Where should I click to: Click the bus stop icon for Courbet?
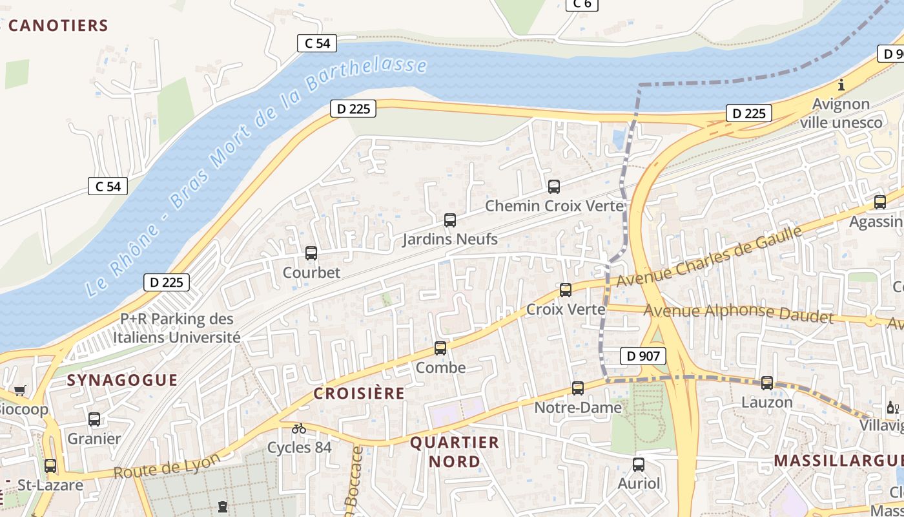311,253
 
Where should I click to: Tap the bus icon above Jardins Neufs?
450,220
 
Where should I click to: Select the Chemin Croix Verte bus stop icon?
553,187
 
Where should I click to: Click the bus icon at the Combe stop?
440,348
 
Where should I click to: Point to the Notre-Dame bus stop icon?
578,388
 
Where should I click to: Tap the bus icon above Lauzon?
767,383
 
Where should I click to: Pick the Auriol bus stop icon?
639,464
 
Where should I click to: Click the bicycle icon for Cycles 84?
299,428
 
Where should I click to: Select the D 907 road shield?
642,355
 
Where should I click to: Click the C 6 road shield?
581,4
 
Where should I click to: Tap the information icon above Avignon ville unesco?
841,85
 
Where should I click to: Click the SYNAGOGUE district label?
123,380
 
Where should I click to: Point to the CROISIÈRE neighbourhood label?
359,393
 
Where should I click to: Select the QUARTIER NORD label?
455,452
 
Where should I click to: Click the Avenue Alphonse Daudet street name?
739,313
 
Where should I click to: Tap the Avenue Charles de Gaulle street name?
709,257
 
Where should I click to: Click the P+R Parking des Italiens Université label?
177,328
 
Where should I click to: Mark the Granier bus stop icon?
94,419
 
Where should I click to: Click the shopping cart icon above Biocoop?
19,390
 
